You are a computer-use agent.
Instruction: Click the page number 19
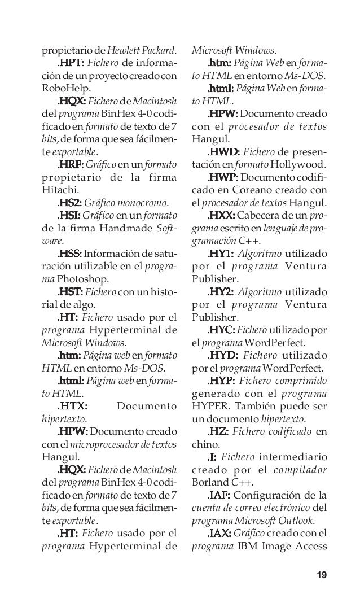click(x=322, y=575)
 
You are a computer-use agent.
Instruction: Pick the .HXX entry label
click(x=222, y=216)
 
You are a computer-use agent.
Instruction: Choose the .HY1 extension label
click(x=221, y=254)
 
